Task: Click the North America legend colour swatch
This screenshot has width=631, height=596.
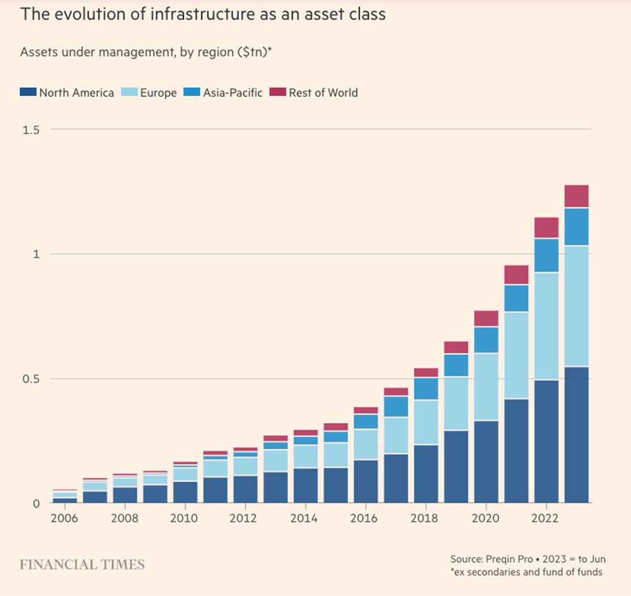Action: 28,92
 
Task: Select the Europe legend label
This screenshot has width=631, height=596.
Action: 158,93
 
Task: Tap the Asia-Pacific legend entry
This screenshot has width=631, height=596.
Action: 232,93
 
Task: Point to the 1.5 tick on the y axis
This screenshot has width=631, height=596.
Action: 31,129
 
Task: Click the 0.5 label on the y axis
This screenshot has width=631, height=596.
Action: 31,378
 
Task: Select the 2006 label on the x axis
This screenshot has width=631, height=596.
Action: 64,518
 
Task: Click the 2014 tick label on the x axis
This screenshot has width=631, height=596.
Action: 305,518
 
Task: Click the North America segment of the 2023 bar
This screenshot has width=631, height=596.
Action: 576,435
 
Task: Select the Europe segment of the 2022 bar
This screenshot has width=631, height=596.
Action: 546,325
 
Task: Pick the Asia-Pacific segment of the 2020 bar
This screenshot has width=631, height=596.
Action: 486,340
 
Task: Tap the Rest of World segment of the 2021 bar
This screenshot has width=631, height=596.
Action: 516,275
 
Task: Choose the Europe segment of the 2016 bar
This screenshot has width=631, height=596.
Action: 365,444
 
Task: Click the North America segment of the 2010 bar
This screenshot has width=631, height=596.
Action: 185,492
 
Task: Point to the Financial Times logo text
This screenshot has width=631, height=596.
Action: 82,564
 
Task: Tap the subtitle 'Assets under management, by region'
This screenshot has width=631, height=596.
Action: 126,52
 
